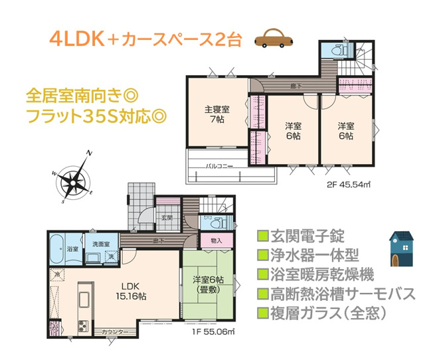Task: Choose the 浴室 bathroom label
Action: point(72,248)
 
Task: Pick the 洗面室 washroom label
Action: point(101,244)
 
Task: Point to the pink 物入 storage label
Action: point(216,240)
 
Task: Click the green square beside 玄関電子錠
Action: point(262,236)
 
